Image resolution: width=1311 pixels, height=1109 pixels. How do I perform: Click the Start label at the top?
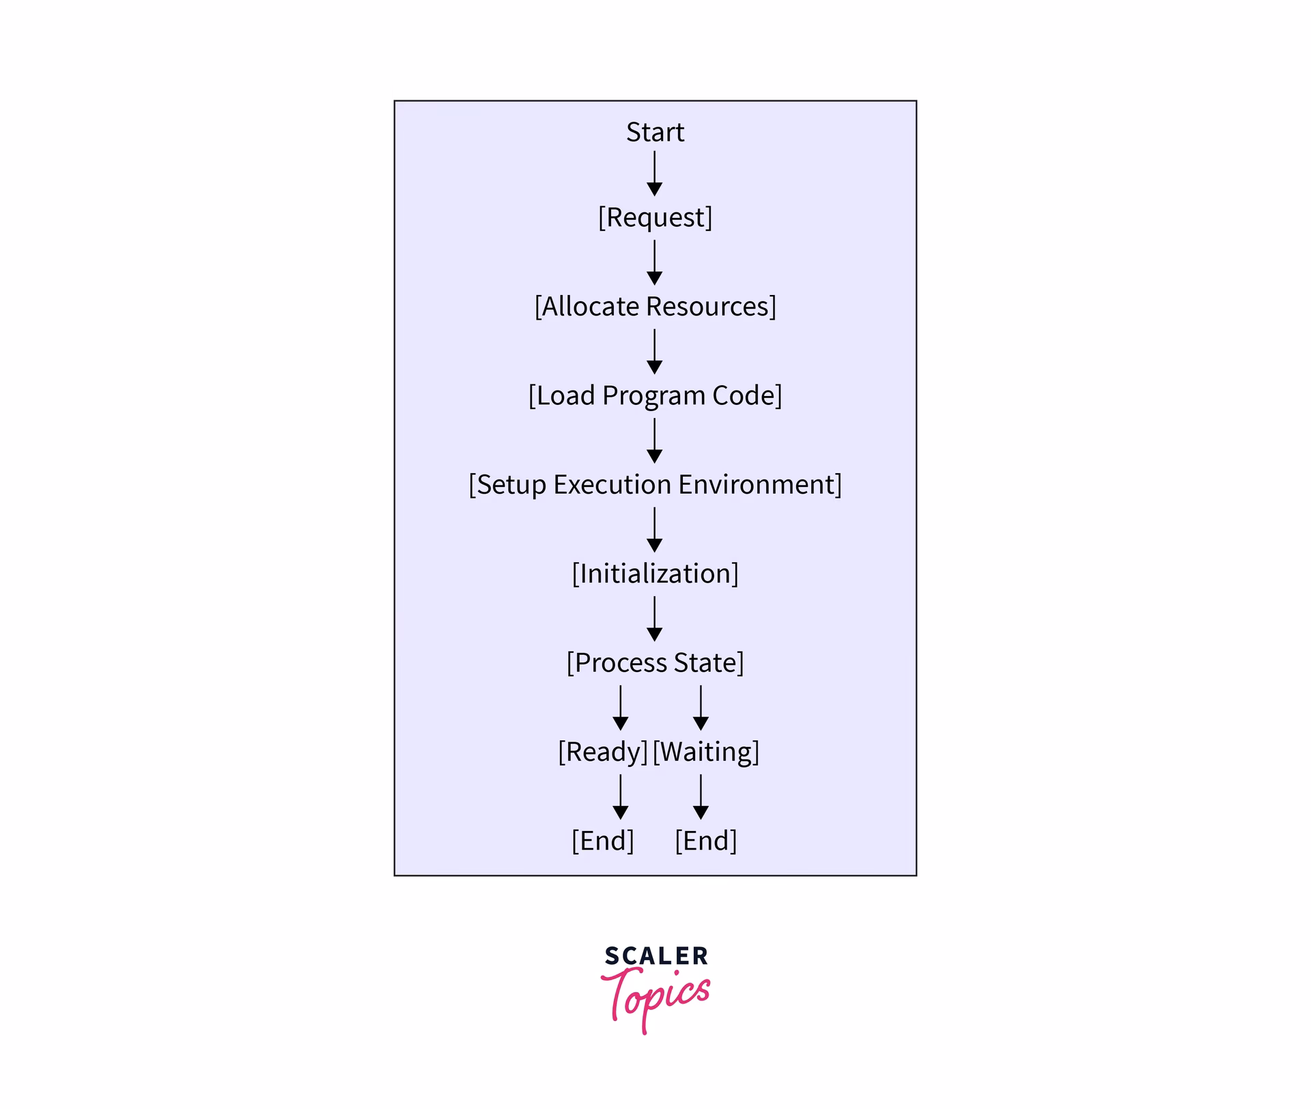tap(655, 132)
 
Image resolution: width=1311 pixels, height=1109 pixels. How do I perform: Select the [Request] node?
tap(655, 217)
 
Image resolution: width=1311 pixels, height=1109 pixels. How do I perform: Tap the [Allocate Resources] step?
tap(655, 306)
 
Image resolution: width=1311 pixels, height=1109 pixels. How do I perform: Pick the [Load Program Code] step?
tap(655, 395)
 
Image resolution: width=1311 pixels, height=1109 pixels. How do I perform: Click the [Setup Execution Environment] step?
tap(655, 484)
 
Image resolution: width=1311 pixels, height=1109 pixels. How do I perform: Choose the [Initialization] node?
tap(655, 574)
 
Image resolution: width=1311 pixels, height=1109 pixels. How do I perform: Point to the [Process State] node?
tap(655, 662)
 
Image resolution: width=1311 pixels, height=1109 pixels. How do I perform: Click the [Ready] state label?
tap(602, 751)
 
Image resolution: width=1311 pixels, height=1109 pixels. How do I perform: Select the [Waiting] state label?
tap(706, 751)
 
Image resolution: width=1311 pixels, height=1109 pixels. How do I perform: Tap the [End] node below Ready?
tap(602, 841)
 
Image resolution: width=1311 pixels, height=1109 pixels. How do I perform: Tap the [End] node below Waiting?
tap(706, 841)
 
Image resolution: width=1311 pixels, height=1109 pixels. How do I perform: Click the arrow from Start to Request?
tap(654, 173)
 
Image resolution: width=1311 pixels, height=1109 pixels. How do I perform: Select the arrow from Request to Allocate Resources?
tap(654, 262)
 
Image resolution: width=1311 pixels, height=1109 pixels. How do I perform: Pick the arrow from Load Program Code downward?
tap(654, 440)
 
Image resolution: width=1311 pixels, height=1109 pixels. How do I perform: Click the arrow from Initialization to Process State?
tap(654, 619)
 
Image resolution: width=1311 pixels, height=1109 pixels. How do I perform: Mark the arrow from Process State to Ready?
tap(620, 707)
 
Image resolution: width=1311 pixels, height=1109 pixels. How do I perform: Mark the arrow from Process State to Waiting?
tap(701, 707)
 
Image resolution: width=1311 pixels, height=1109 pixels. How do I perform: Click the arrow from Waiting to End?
tap(701, 797)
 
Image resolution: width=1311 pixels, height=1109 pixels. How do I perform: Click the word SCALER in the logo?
tap(656, 956)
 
